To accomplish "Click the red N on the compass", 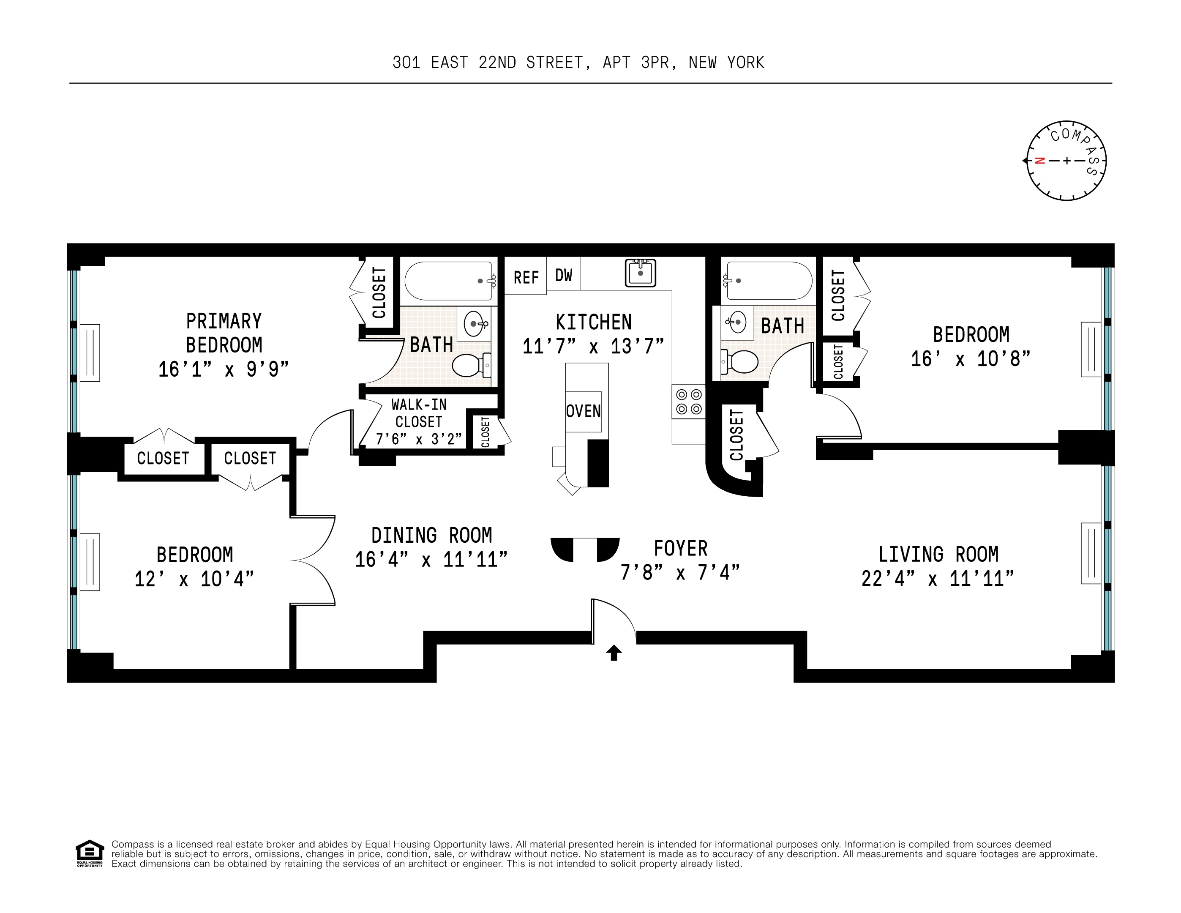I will coord(1039,161).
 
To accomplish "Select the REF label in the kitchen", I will coord(526,277).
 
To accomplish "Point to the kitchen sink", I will coord(640,273).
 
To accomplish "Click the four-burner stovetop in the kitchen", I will coord(689,401).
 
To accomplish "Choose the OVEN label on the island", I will coord(584,411).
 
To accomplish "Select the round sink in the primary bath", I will coord(474,324).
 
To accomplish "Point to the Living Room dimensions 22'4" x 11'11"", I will coord(938,578).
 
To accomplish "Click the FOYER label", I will coord(680,549).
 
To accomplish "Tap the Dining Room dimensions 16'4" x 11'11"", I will coord(431,559).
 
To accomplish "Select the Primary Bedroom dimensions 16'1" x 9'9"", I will coord(224,369).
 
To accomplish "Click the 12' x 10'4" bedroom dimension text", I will coord(194,579).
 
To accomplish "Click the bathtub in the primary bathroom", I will coord(448,281).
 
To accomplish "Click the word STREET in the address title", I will coord(555,63).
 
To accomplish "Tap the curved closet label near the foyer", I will coord(736,435).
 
